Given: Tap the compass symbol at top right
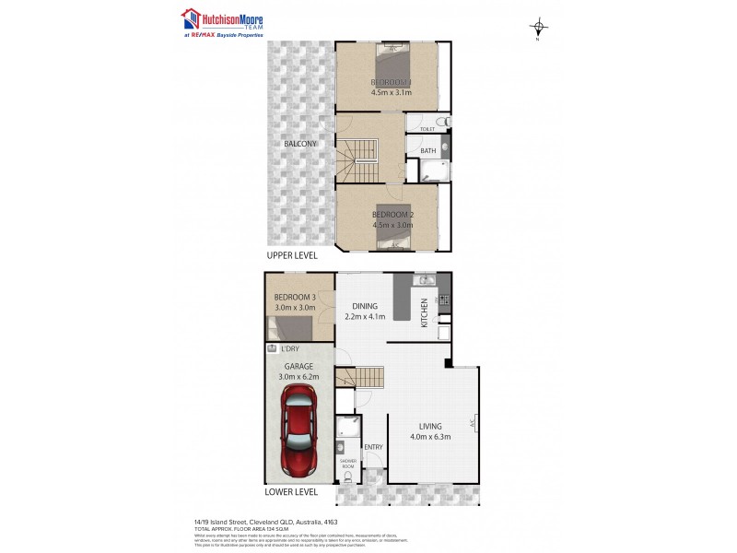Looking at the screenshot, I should click(538, 27).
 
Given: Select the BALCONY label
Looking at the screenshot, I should click(300, 144).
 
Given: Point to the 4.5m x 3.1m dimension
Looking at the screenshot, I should click(392, 92).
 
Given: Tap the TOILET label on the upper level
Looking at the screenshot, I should click(427, 130).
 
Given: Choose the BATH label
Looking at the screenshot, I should click(428, 151).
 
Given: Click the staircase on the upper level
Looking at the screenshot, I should click(358, 162).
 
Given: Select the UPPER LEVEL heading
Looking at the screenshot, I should click(292, 255).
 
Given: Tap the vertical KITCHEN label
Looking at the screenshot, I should click(424, 312).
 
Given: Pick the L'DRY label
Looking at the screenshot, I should click(290, 350).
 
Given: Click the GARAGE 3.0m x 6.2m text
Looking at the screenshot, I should click(298, 371).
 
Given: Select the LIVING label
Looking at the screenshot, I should click(429, 427).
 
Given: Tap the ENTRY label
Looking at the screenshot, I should click(374, 447).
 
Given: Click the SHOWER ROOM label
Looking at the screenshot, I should click(347, 463).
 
